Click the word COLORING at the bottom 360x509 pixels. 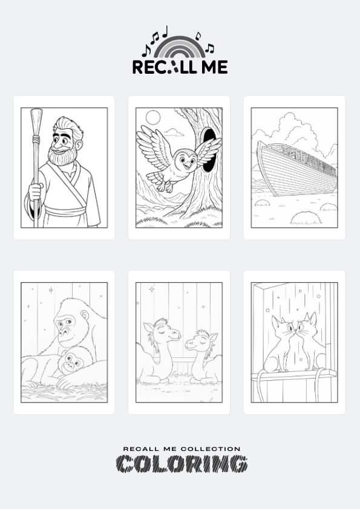click(x=182, y=464)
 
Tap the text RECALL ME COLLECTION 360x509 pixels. click(x=182, y=449)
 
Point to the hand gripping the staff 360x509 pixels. click(x=35, y=192)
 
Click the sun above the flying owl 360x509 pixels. click(x=152, y=117)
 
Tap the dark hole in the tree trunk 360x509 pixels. click(x=209, y=149)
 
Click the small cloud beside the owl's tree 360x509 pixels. click(x=174, y=132)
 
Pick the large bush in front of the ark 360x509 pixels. click(x=306, y=218)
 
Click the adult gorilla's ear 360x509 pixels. click(x=85, y=315)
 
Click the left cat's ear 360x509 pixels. click(x=276, y=323)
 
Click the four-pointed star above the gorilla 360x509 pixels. click(x=51, y=290)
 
